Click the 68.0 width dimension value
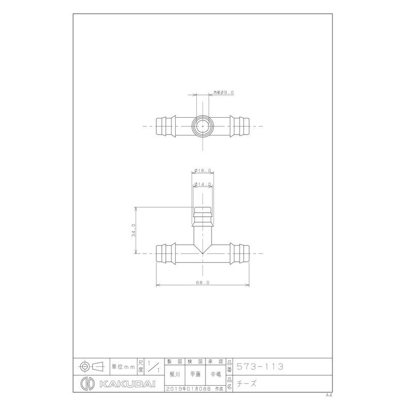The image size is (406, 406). pyautogui.click(x=203, y=283)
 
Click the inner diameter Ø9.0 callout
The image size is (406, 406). pyautogui.click(x=223, y=92)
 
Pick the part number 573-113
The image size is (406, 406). pyautogui.click(x=260, y=366)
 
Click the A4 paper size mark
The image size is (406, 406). pyautogui.click(x=329, y=394)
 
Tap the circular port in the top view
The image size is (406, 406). pyautogui.click(x=203, y=125)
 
